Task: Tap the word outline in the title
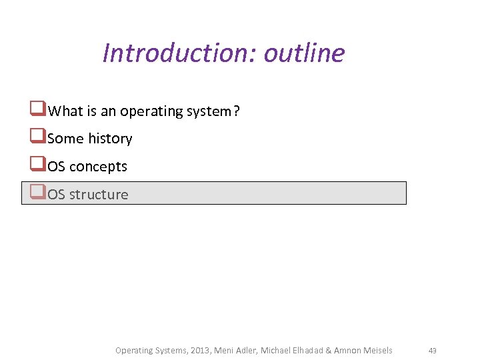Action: click(305, 53)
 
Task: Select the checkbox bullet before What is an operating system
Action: click(37, 109)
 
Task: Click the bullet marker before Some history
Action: click(37, 137)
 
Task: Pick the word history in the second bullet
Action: click(110, 139)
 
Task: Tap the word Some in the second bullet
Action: click(66, 139)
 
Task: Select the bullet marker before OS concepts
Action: click(37, 165)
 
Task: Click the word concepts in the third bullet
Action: click(98, 167)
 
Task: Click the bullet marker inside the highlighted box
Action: click(37, 193)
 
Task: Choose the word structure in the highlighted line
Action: click(99, 195)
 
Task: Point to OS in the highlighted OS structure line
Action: click(57, 195)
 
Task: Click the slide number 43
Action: click(432, 351)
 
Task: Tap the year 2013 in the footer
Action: click(199, 350)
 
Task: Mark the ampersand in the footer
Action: click(329, 350)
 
